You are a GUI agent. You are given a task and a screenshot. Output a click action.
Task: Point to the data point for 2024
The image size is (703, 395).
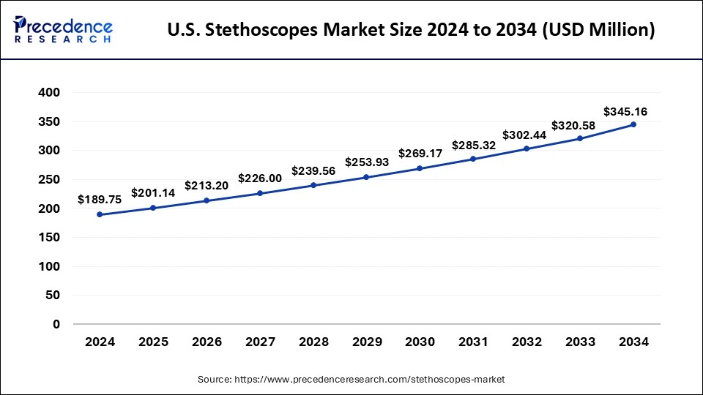100,214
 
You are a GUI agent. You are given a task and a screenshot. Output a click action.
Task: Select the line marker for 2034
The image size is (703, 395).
633,124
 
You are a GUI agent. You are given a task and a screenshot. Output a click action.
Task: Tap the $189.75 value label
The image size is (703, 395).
100,199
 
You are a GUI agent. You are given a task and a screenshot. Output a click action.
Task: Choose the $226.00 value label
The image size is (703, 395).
259,178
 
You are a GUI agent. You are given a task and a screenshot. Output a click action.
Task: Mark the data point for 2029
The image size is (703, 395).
366,177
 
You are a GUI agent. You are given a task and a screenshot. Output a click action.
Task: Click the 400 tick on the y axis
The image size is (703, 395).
49,93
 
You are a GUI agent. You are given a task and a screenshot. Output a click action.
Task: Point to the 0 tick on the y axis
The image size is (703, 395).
56,324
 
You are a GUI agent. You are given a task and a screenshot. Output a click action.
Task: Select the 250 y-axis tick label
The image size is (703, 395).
49,180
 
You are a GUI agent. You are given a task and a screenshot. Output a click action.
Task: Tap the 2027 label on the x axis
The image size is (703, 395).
259,342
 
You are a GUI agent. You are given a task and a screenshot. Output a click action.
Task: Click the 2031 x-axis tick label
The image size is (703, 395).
473,342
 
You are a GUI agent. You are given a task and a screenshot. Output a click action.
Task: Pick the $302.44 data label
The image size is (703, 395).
526,135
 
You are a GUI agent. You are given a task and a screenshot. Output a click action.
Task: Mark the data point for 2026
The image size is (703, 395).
207,200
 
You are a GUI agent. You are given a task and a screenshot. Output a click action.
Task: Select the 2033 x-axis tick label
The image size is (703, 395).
580,342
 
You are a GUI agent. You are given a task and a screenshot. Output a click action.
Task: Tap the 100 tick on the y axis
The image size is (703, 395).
49,266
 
